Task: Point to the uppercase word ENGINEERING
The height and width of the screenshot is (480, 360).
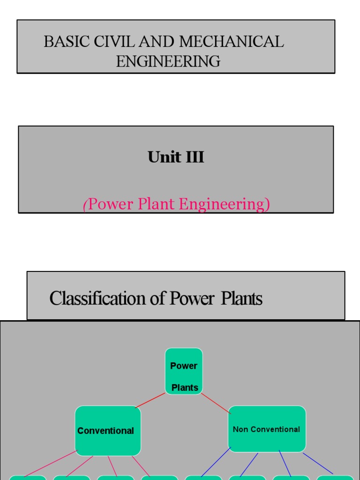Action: pyautogui.click(x=168, y=61)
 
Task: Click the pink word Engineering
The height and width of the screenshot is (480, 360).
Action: pyautogui.click(x=224, y=204)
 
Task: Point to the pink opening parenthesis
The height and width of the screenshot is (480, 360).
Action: pyautogui.click(x=85, y=205)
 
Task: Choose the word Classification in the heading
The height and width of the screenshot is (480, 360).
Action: pyautogui.click(x=98, y=298)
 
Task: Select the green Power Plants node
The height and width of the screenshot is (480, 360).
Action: pyautogui.click(x=184, y=371)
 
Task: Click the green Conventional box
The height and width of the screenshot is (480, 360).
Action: pyautogui.click(x=108, y=431)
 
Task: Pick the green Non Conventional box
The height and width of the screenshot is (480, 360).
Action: pyautogui.click(x=267, y=429)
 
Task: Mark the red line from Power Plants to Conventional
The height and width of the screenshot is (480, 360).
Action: pyautogui.click(x=150, y=400)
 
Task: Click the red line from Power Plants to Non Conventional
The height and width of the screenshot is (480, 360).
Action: pyautogui.click(x=216, y=404)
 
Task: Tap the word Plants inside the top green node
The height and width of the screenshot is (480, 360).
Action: pyautogui.click(x=185, y=388)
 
